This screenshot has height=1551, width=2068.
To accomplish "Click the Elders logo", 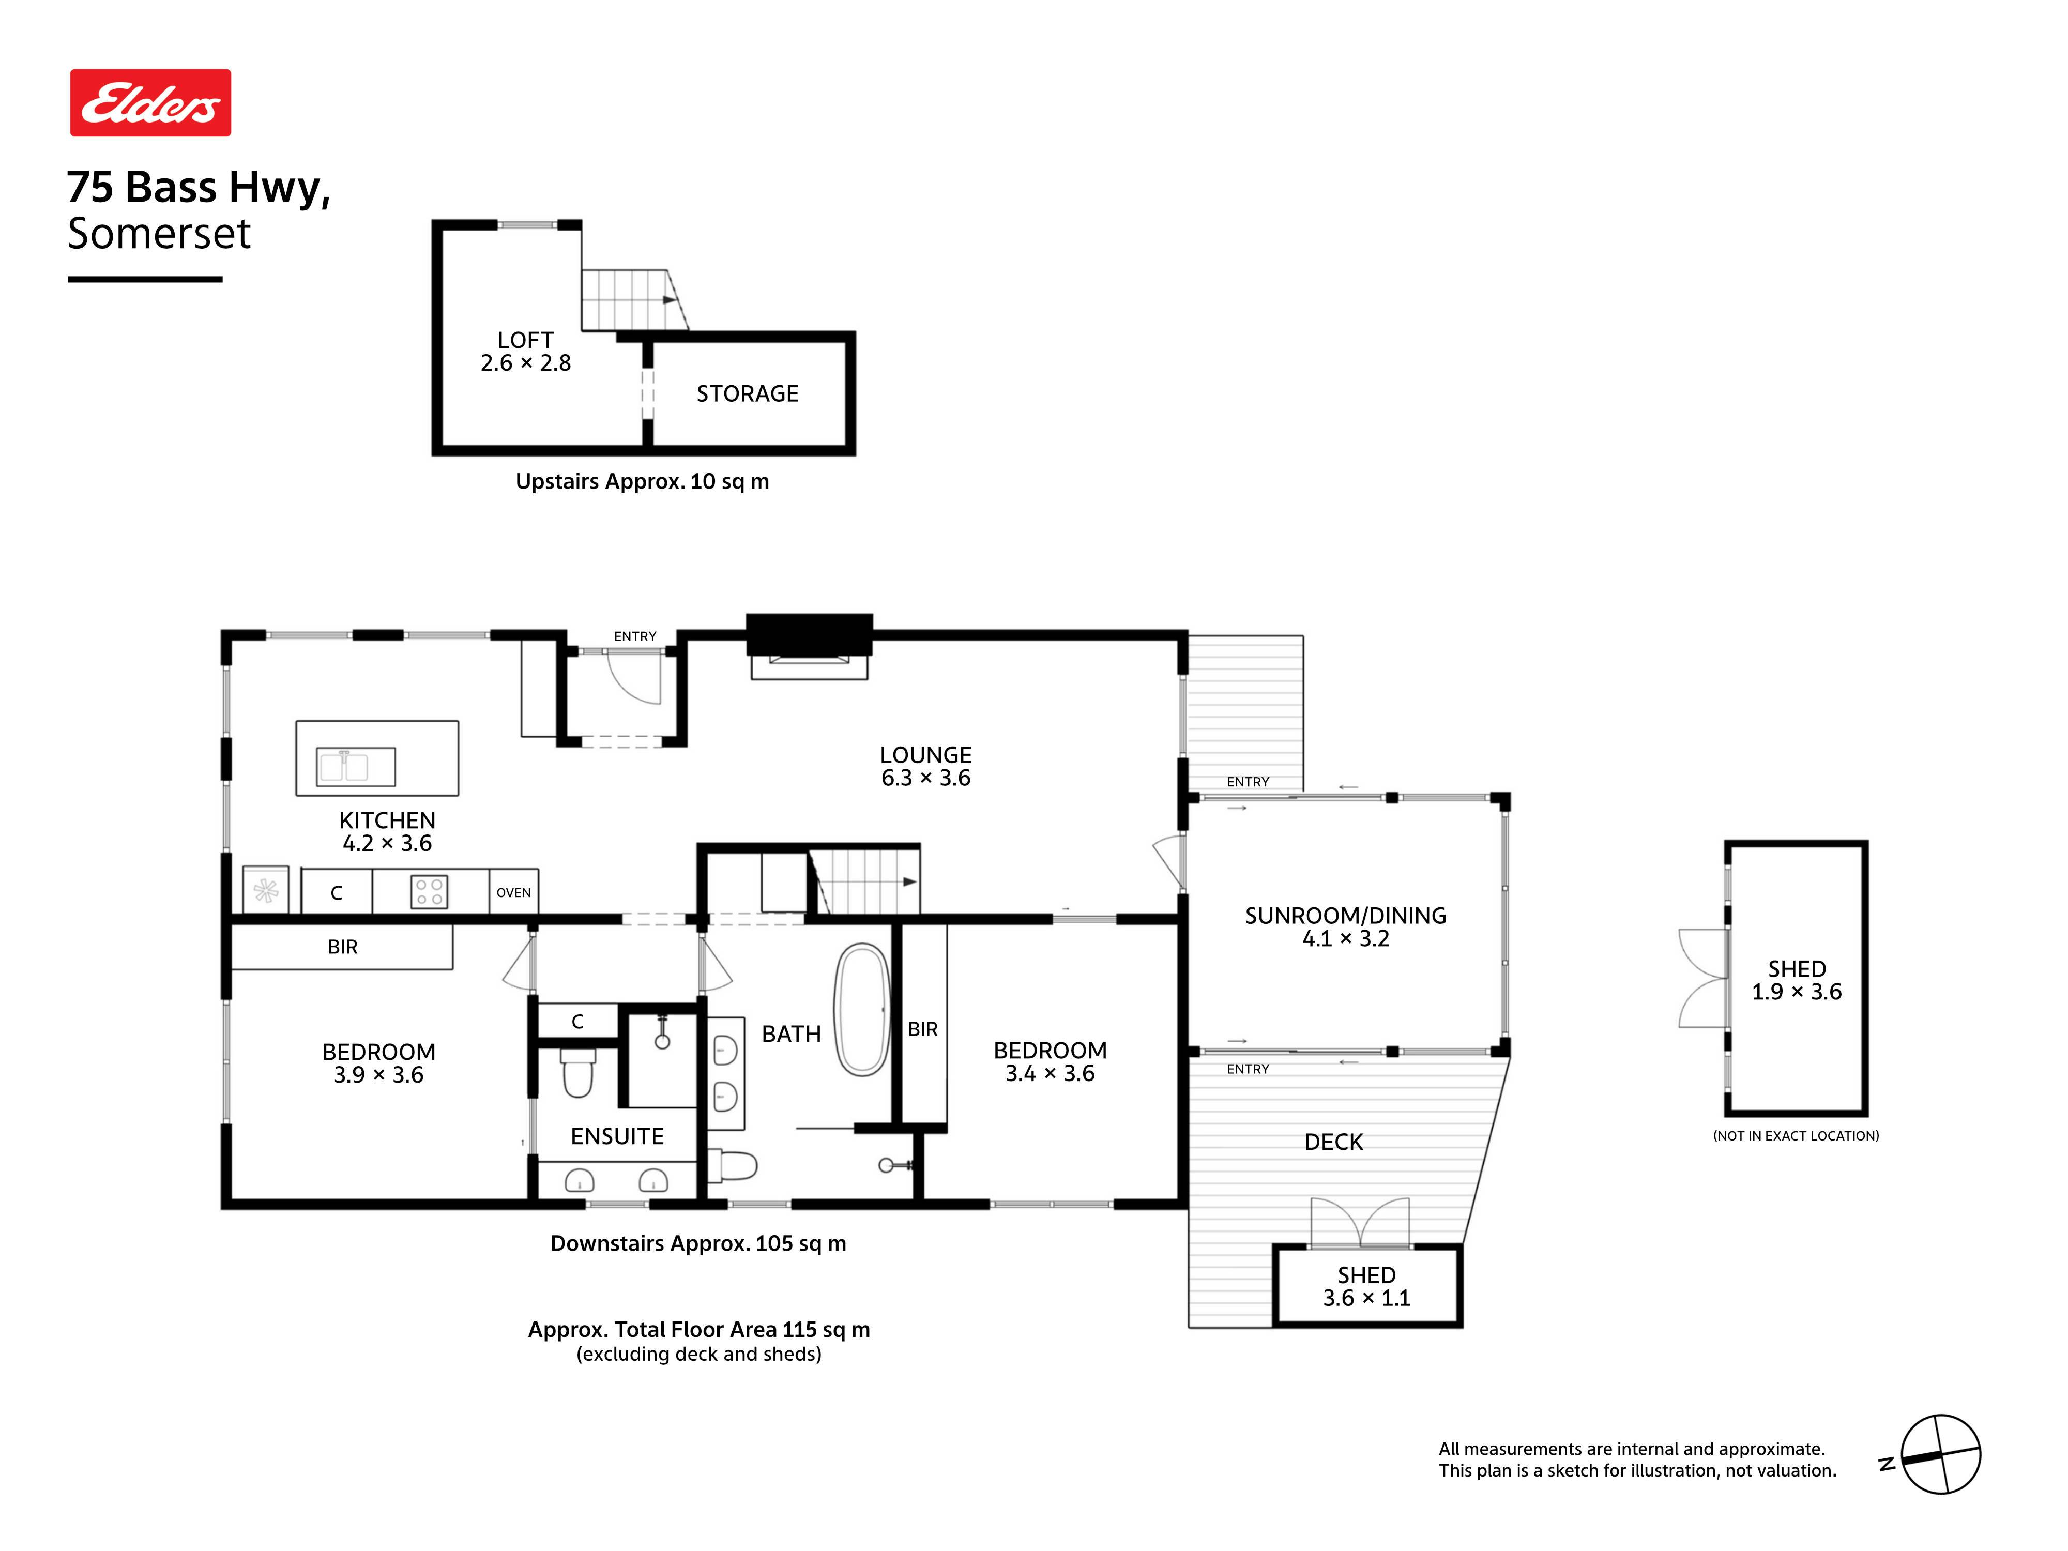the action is coord(150,103).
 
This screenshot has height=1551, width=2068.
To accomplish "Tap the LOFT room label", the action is coord(525,340).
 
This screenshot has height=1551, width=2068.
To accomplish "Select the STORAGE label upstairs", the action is coord(747,393).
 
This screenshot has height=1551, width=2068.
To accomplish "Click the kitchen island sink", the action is coord(355,767).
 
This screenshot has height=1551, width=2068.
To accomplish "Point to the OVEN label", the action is coord(513,893).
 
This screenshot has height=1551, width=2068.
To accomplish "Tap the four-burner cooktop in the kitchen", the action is coord(429,891).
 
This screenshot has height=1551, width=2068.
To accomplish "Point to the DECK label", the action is coord(1333,1142).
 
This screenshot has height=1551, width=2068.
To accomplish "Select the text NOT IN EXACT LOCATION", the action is coord(1796,1136).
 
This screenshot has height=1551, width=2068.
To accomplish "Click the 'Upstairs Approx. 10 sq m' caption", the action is coord(642,481).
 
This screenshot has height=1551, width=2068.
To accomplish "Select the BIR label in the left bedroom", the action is coord(342,947).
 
